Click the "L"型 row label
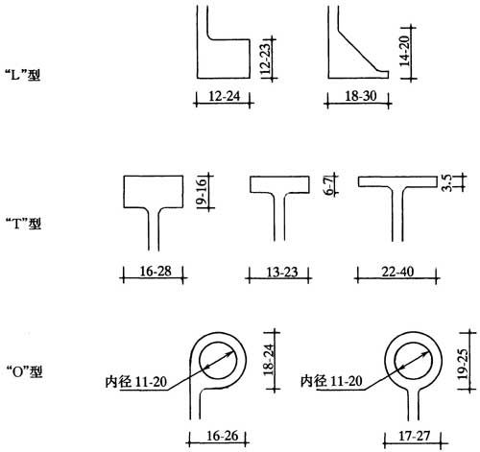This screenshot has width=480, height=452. (23, 75)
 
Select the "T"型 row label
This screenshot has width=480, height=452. (24, 223)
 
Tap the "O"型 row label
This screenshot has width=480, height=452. (24, 371)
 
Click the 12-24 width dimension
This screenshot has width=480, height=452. (224, 96)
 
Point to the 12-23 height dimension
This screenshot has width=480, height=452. (266, 58)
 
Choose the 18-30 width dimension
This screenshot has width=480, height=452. (360, 96)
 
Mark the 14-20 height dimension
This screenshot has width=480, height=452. (404, 51)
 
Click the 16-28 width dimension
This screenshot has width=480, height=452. (156, 272)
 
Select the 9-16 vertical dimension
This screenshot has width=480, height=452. (202, 191)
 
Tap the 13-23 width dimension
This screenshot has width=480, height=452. (282, 273)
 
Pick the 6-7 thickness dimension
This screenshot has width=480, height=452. (328, 185)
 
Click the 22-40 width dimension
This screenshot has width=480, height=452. (397, 272)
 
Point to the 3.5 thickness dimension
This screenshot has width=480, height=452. (446, 182)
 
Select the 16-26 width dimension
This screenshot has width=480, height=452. (222, 436)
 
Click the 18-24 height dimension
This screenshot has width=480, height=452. (269, 360)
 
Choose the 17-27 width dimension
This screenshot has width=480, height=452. (415, 436)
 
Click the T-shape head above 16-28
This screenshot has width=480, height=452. (154, 177)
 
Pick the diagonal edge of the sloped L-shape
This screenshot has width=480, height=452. (357, 50)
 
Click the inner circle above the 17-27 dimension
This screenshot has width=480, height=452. (413, 343)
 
